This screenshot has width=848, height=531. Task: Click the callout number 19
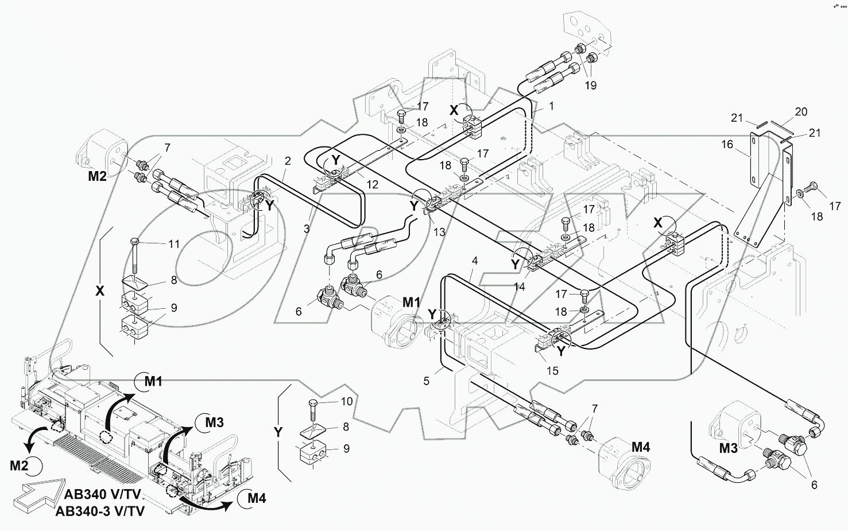tap(590, 86)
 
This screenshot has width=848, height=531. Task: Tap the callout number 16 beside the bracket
tap(727, 144)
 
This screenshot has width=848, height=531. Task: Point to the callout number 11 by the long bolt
tap(173, 244)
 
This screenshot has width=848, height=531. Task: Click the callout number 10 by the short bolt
tap(346, 402)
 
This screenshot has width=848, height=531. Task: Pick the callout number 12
tap(373, 184)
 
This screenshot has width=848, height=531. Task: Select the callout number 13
tap(439, 232)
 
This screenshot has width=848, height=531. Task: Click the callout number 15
tap(552, 371)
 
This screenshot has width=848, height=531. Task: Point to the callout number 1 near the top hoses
tap(551, 106)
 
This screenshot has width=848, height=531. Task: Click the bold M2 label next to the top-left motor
tap(96, 176)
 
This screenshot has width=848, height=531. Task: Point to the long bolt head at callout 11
tap(135, 240)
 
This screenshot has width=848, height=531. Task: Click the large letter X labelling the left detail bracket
tap(100, 291)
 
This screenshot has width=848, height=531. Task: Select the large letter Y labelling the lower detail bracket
tap(278, 432)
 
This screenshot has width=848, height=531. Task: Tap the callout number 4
tap(474, 261)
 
